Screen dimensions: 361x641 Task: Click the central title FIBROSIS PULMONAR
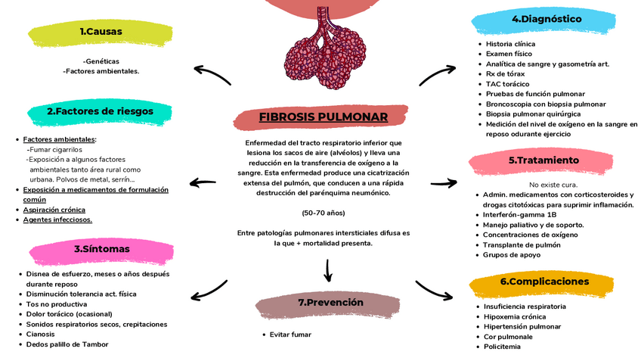click(x=323, y=117)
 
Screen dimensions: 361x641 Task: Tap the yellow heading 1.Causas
click(x=101, y=32)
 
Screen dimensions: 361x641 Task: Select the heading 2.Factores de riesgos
click(x=100, y=111)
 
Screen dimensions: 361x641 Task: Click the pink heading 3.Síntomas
click(x=101, y=249)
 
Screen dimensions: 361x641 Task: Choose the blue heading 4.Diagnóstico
click(x=546, y=19)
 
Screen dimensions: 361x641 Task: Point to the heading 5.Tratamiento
click(x=543, y=160)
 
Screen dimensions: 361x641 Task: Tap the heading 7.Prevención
click(x=330, y=303)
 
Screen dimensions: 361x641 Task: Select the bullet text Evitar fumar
click(x=290, y=335)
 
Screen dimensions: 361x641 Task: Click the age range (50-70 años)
click(x=323, y=213)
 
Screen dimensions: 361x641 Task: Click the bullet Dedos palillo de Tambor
click(x=67, y=344)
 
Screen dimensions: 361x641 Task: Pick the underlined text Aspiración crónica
click(x=54, y=210)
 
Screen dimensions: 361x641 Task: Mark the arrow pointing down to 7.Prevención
click(x=328, y=269)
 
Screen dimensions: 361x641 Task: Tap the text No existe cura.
click(x=554, y=185)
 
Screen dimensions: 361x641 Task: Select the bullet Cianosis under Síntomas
click(x=41, y=334)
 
